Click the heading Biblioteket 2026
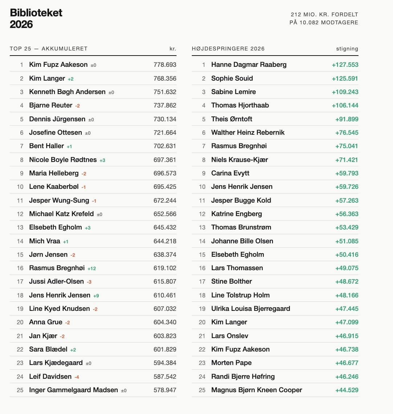(36, 19)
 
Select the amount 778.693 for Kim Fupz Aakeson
(165, 65)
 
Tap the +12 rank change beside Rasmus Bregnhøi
(92, 268)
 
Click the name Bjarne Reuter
(51, 105)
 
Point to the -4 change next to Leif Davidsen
(77, 377)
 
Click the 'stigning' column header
(347, 49)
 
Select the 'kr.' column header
(173, 49)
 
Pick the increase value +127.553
(345, 65)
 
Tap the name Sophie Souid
(232, 78)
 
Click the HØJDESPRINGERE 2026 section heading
(228, 49)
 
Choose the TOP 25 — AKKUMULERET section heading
(49, 49)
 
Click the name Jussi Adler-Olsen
(56, 281)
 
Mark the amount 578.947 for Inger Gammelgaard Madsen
(165, 390)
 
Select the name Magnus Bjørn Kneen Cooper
(256, 390)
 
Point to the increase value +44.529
(347, 390)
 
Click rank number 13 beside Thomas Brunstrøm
(202, 227)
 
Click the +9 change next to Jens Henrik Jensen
(96, 296)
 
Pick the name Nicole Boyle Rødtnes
(63, 160)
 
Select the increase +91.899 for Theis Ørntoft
(347, 119)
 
